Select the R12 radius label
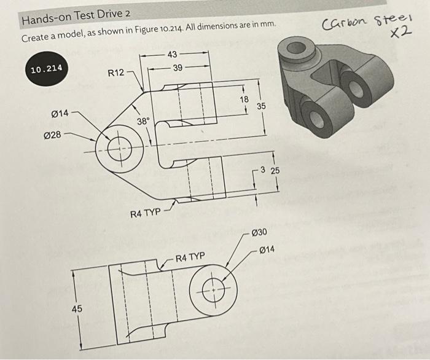pyautogui.click(x=116, y=73)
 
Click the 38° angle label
pyautogui.click(x=143, y=122)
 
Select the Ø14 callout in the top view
pyautogui.click(x=61, y=114)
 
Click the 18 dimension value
pyautogui.click(x=244, y=100)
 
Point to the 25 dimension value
pyautogui.click(x=275, y=170)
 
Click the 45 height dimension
pyautogui.click(x=76, y=309)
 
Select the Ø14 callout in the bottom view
pyautogui.click(x=267, y=249)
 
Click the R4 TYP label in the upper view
pyautogui.click(x=145, y=213)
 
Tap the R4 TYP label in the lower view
pyautogui.click(x=190, y=256)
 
